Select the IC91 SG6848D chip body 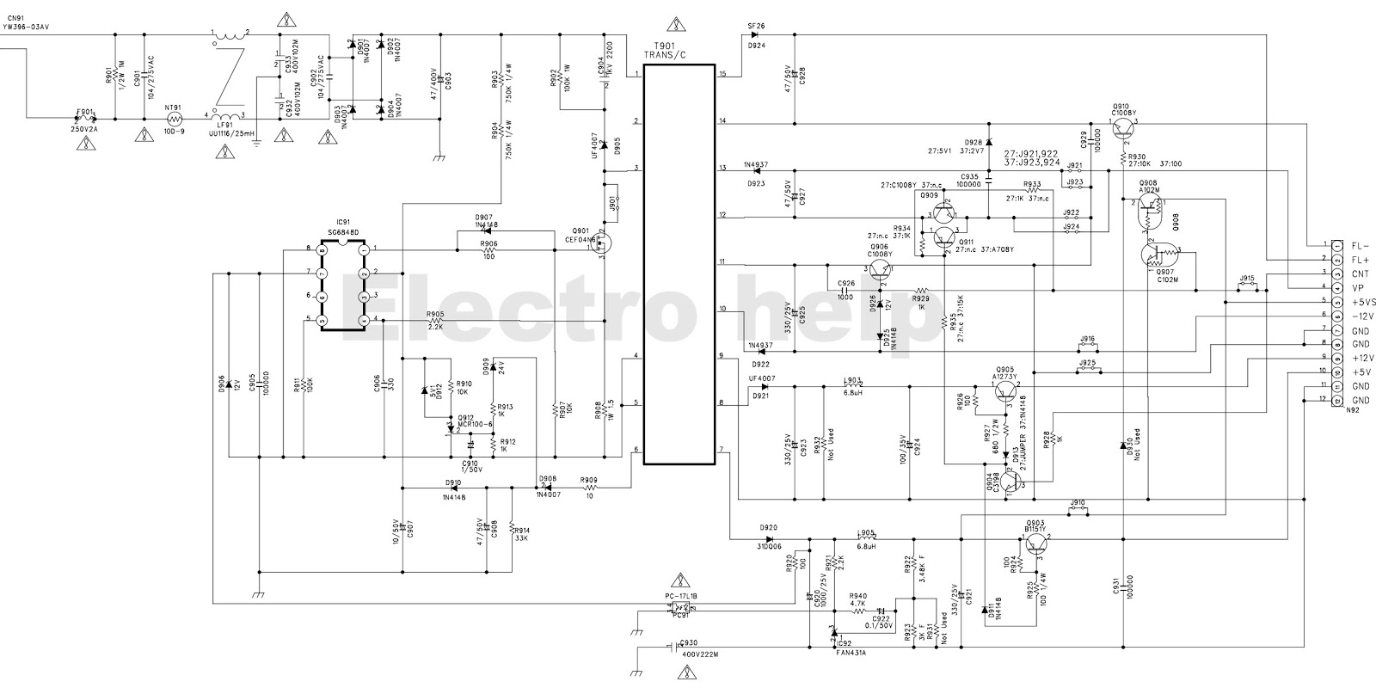(342, 285)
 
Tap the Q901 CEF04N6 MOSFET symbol (603, 244)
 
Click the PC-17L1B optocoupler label (681, 595)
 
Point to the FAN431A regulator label (851, 654)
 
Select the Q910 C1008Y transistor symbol (1123, 129)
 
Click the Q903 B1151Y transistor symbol (1036, 543)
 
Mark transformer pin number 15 (722, 74)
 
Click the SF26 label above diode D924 (756, 27)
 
